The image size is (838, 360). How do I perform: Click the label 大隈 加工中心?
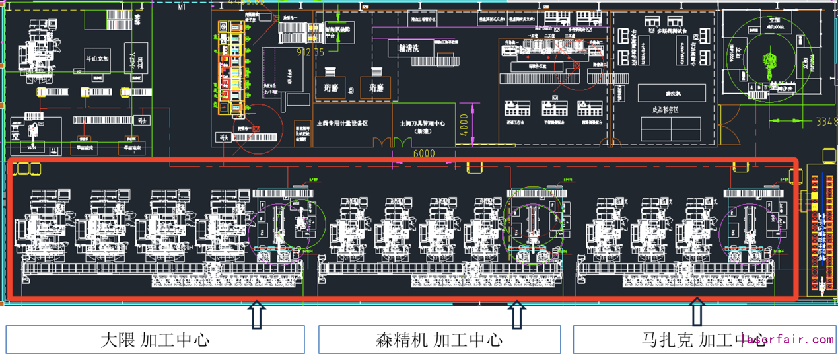click(x=155, y=340)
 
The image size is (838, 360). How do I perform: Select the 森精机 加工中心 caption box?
click(x=439, y=340)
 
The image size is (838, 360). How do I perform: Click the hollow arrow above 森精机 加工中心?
click(x=517, y=314)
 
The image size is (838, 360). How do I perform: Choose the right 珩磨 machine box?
click(x=376, y=87)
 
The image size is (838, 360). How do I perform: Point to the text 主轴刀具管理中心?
click(x=422, y=124)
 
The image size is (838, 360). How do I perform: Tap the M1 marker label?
click(x=183, y=8)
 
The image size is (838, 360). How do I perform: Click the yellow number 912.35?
click(x=310, y=52)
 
